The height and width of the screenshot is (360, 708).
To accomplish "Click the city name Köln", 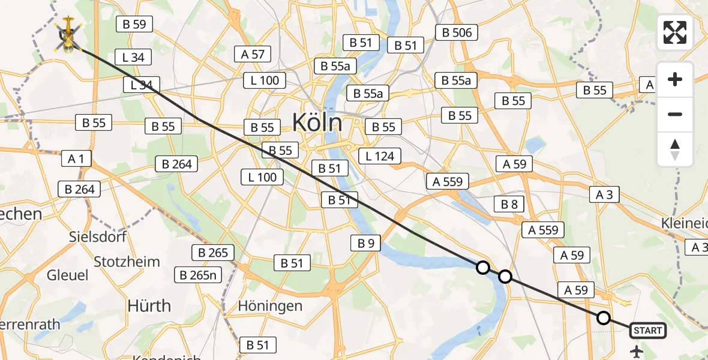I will (x=317, y=122).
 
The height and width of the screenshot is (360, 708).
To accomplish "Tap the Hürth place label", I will (x=149, y=306).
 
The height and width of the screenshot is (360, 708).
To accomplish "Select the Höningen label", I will (x=270, y=306).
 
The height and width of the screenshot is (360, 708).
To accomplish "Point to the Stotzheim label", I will (x=127, y=262).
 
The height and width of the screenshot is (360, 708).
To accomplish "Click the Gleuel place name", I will (x=67, y=275).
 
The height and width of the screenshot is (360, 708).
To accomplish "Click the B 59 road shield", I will (x=134, y=25).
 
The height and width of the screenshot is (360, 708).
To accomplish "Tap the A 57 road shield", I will (x=253, y=55).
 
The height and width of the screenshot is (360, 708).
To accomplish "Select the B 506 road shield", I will (x=457, y=33).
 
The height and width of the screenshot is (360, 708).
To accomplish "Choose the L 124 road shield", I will (x=380, y=157).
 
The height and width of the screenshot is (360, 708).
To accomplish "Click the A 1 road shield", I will (x=76, y=159).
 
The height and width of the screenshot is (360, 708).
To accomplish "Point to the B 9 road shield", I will (x=366, y=243).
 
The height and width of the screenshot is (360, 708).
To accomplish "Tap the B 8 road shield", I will (x=509, y=205).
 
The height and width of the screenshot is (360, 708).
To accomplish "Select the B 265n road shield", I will (x=198, y=275).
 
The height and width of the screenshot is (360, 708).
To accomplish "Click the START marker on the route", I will (x=647, y=331).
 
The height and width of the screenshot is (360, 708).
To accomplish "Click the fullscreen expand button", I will (x=675, y=32).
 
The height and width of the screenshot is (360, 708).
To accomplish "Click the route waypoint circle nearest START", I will (x=604, y=318).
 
